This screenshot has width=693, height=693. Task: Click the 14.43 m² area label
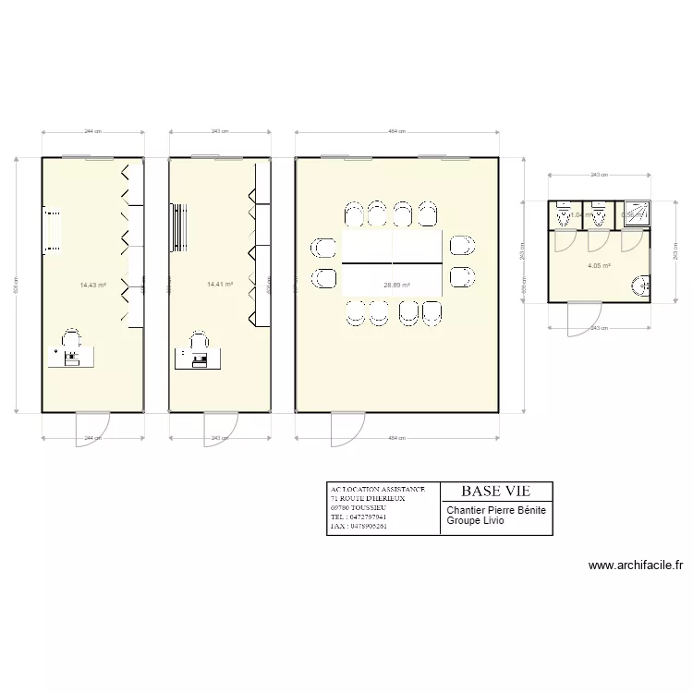point(93,286)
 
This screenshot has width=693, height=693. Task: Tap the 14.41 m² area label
point(220,286)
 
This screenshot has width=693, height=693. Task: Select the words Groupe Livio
point(476,520)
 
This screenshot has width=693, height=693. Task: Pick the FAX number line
point(359,527)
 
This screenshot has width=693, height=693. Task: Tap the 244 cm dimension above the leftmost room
point(92,132)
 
